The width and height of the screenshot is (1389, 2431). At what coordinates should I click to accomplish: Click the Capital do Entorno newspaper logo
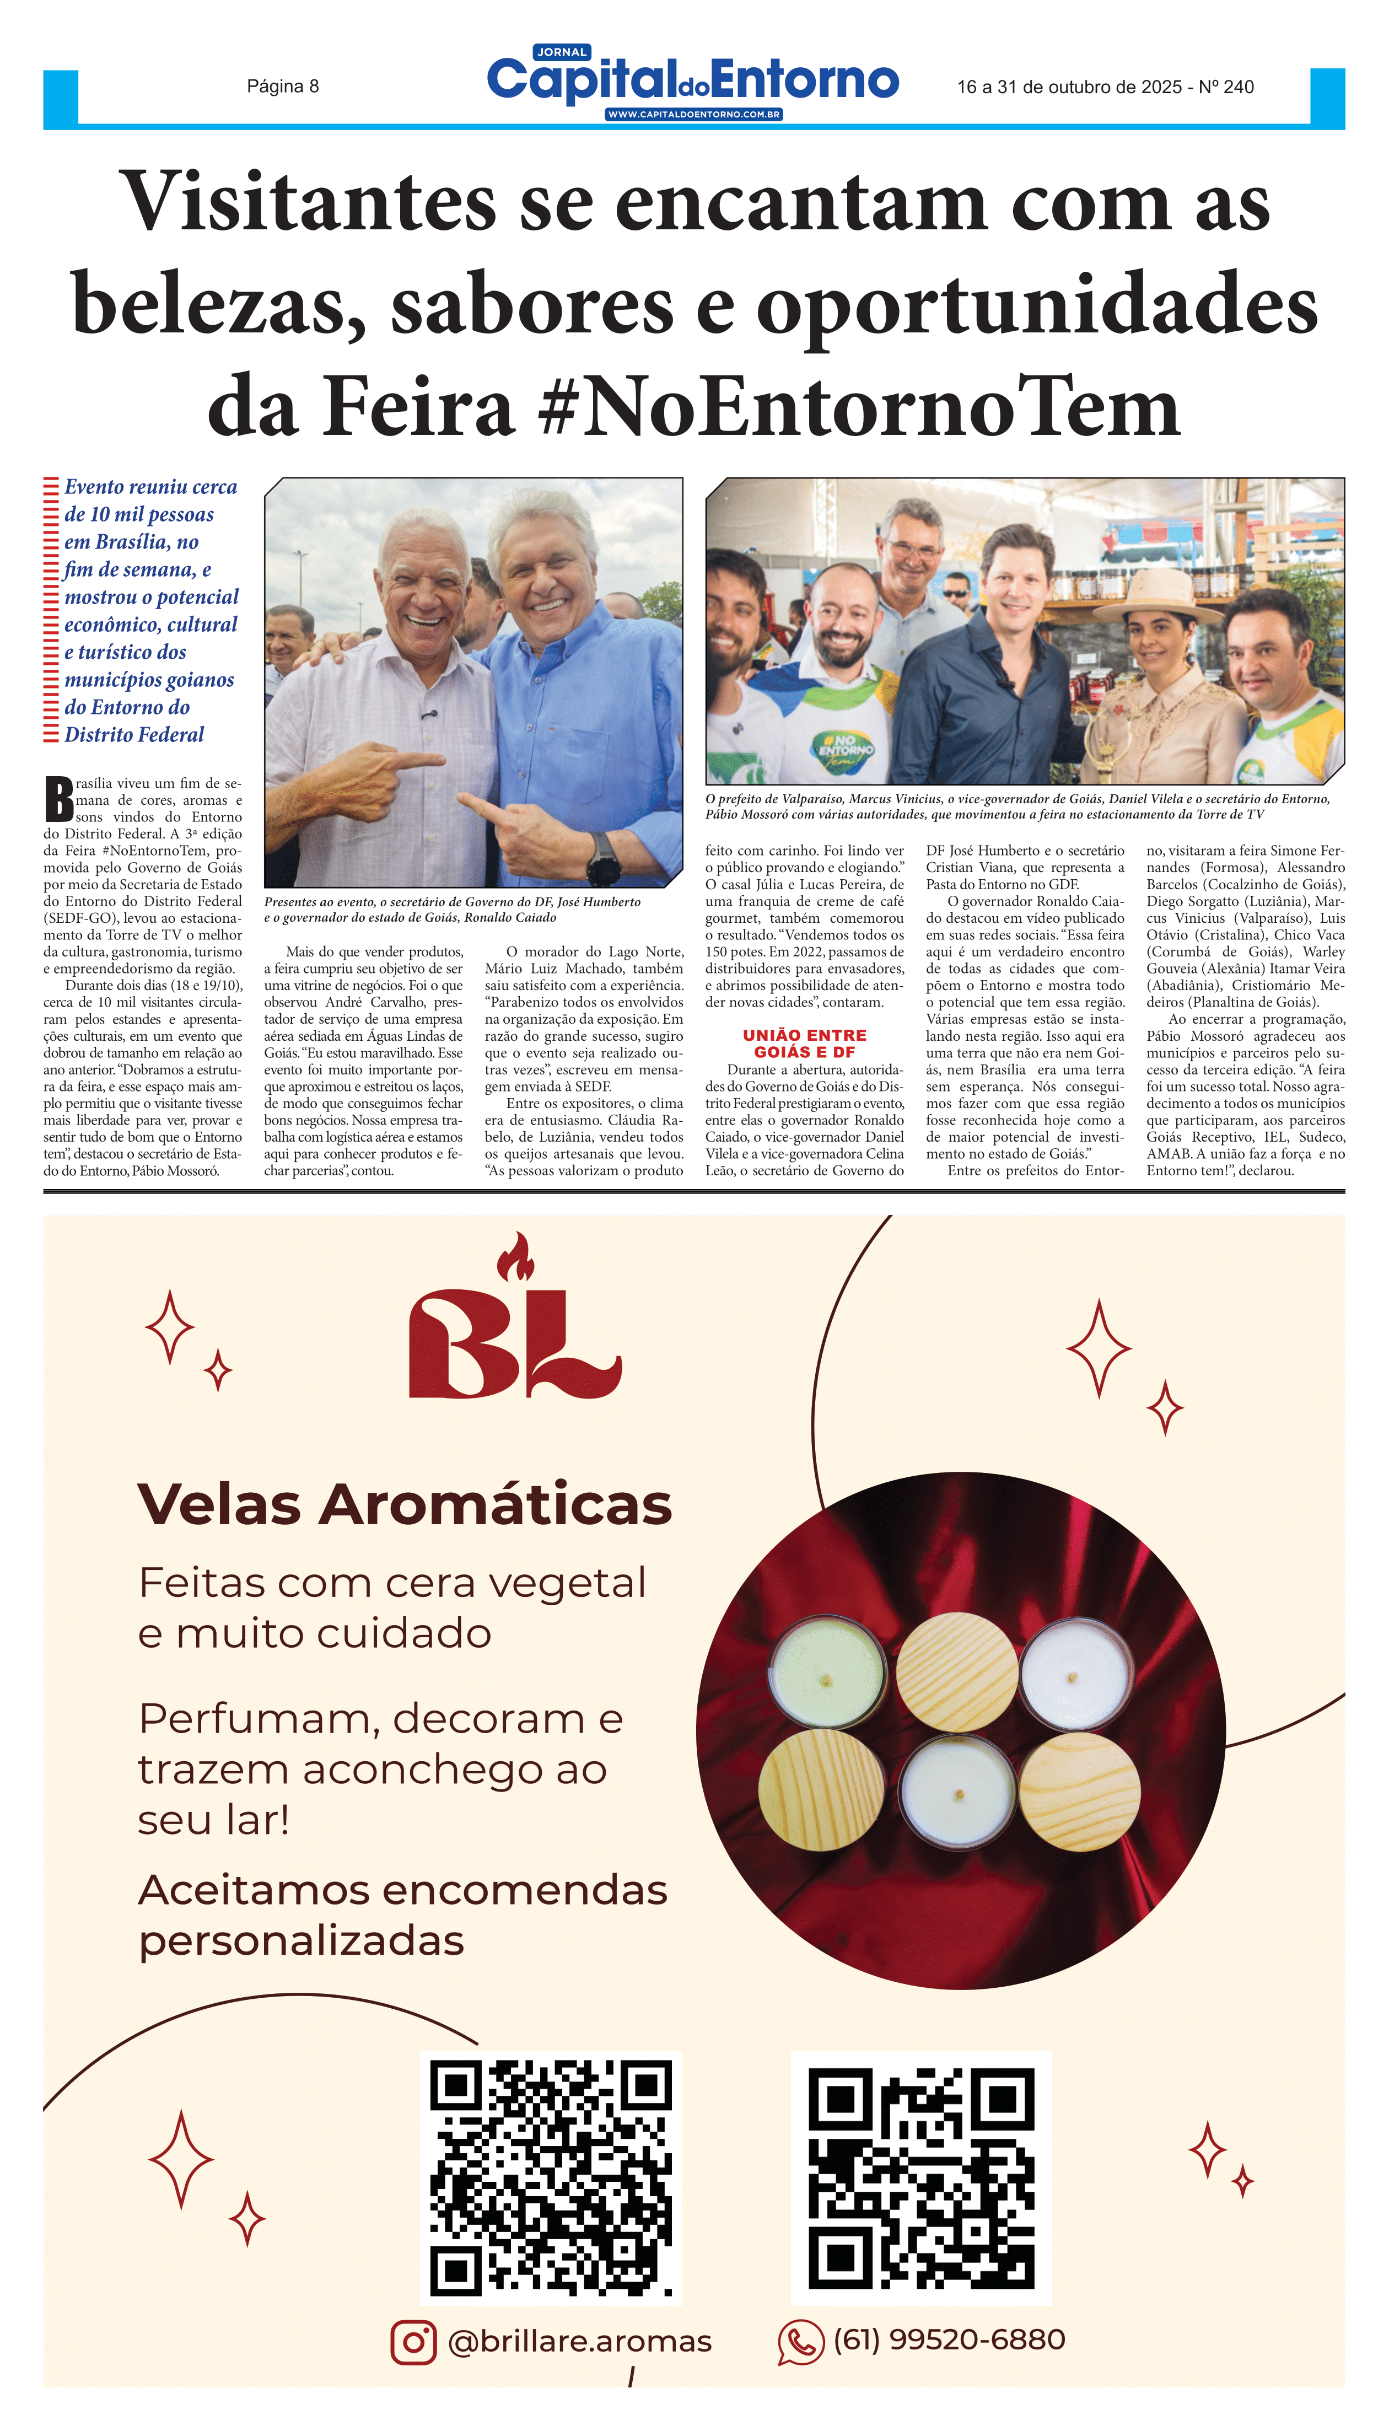693,80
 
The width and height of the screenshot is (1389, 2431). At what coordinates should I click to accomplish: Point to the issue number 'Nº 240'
1226,88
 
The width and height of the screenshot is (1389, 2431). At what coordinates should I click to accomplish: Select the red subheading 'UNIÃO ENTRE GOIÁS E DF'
804,1043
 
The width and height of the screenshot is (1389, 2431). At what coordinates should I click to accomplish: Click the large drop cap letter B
59,799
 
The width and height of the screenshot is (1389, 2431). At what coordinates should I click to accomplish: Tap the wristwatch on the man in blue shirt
603,857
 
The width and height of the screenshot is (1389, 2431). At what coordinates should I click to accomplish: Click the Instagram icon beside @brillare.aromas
413,2342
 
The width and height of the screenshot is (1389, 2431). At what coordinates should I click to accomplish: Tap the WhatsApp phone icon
800,2342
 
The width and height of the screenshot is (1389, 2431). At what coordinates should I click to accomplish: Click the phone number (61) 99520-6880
949,2339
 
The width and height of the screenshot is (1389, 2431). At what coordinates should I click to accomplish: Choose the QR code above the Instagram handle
551,2178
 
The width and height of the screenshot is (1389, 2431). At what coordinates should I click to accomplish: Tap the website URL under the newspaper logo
693,115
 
